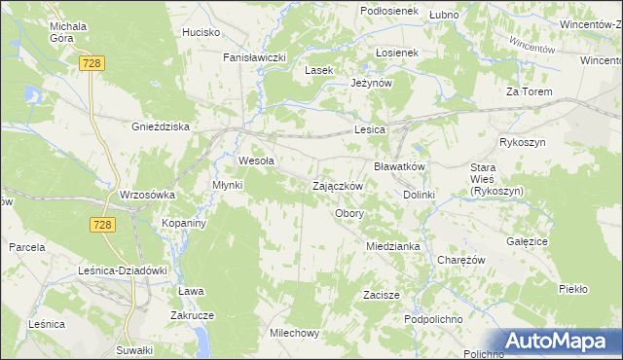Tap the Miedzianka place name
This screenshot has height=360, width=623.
(x=392, y=246)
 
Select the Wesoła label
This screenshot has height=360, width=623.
(x=256, y=162)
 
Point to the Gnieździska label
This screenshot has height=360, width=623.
(x=160, y=126)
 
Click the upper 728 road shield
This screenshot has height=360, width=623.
(x=92, y=62)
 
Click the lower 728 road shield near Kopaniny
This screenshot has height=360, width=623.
(x=105, y=225)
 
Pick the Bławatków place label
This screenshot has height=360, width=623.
(x=400, y=166)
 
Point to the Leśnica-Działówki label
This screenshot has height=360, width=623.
(x=124, y=270)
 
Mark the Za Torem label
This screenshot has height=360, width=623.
(x=529, y=91)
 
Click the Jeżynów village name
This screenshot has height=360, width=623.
(x=371, y=84)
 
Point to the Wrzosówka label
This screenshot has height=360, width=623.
(x=147, y=195)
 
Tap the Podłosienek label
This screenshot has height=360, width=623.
(x=388, y=11)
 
